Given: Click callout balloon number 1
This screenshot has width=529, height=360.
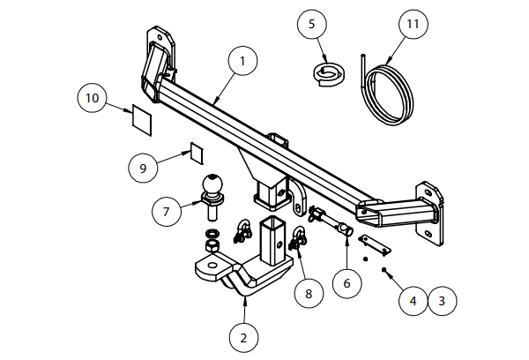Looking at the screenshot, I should [243, 62].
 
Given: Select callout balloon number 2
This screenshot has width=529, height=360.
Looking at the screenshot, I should [243, 336].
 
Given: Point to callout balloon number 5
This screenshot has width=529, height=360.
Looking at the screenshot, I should [311, 24].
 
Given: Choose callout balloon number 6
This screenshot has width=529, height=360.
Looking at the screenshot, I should [346, 284].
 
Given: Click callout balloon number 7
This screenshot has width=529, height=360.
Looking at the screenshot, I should [165, 212].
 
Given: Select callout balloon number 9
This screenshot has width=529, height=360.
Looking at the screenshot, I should [142, 166].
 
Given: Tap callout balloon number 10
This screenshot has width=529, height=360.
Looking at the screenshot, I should [91, 97].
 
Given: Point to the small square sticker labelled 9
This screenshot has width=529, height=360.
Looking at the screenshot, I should [196, 154].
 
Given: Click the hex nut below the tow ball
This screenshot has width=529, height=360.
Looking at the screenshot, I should [212, 241].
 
